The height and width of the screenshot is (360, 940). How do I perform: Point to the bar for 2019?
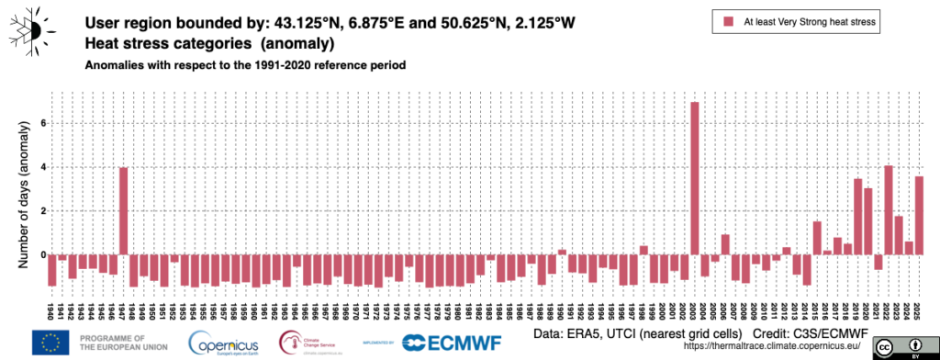(857, 217)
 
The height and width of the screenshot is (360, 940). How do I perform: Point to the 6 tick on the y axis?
(41, 123)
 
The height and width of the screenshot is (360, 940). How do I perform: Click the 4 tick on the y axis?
(41, 167)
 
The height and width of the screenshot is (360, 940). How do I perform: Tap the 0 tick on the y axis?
(41, 255)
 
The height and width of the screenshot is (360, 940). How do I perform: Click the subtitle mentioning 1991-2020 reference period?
(245, 66)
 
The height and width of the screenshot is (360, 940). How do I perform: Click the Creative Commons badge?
(900, 347)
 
